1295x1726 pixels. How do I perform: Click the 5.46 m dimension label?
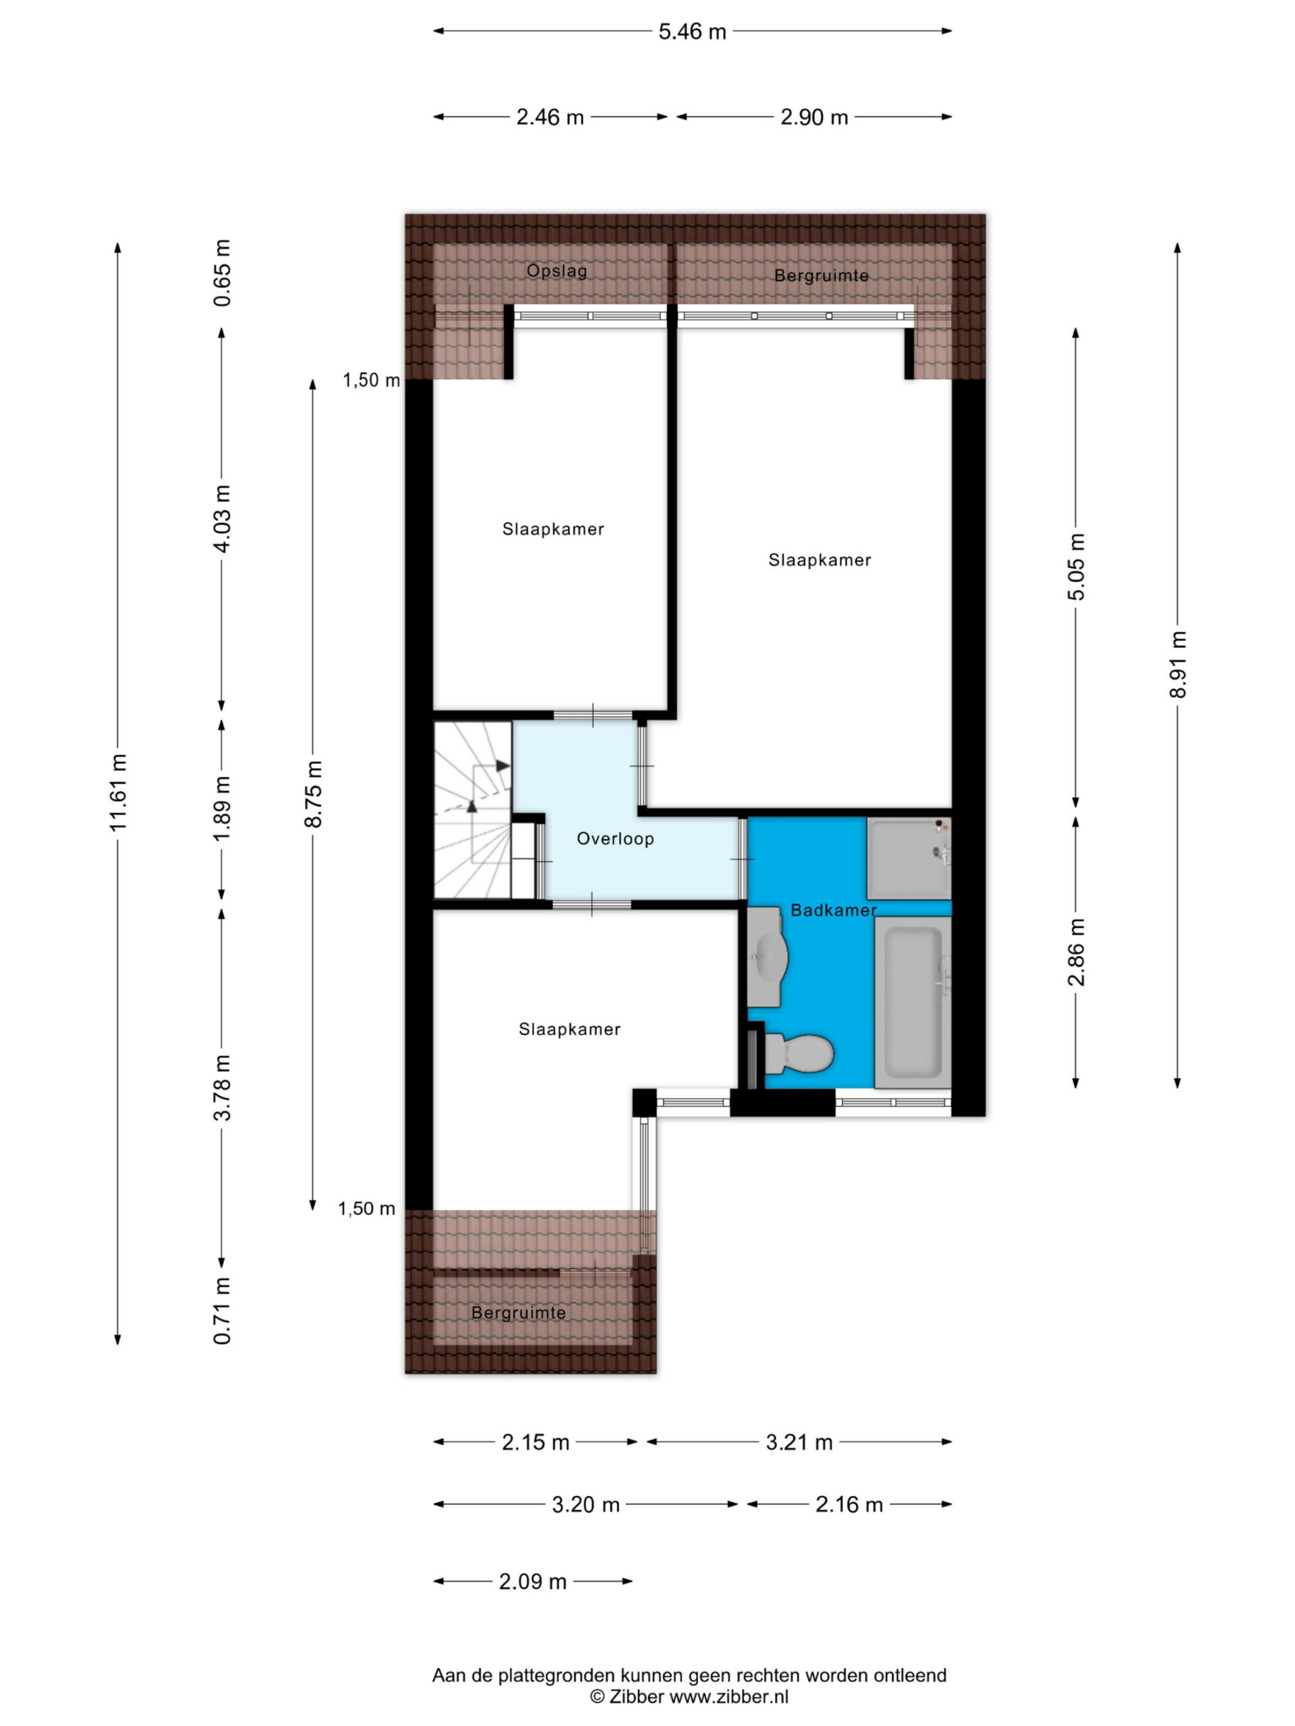pos(691,31)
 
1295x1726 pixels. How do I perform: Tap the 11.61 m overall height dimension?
pos(119,792)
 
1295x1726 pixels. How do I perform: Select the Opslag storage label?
pos(556,271)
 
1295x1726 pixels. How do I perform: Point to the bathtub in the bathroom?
pos(912,1002)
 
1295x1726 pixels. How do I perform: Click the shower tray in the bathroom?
pos(909,858)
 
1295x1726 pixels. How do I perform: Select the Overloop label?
pos(615,839)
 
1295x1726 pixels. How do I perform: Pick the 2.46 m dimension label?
pos(550,117)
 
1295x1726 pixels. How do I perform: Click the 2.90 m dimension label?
pos(814,117)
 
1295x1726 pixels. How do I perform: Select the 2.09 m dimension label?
pos(532,1582)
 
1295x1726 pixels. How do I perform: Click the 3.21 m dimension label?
pos(799,1442)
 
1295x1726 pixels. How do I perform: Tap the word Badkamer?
pos(834,910)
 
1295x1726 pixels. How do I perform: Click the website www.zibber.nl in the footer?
pos(729,1696)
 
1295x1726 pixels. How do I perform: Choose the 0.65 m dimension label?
pos(223,273)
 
